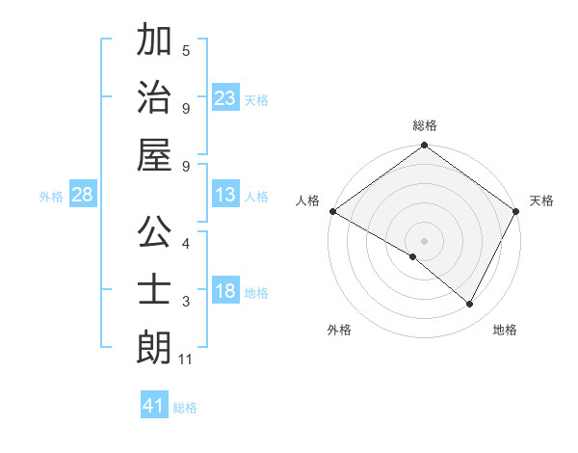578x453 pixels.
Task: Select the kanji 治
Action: coord(154,96)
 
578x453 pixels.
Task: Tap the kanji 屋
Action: coord(154,155)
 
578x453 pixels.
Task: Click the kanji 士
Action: coord(154,290)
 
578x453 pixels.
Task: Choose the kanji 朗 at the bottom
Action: coord(154,348)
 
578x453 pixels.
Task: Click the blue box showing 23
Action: coord(224,98)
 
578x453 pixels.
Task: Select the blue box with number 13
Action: coord(224,195)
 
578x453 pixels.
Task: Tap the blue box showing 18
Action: coord(224,291)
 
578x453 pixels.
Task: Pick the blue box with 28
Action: coord(82,195)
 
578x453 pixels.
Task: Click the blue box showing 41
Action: coord(154,406)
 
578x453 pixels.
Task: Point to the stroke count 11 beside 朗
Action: coord(186,360)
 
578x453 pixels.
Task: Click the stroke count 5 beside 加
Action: coord(186,50)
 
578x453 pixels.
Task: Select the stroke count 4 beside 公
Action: coord(186,243)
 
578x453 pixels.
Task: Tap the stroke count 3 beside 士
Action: coord(186,303)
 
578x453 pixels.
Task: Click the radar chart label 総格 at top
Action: coord(425,125)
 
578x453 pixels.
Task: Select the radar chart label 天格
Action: coord(541,200)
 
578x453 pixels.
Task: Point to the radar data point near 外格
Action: coord(413,256)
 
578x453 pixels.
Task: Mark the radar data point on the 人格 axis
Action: coord(332,211)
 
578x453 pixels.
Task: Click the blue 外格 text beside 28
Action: coord(51,197)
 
